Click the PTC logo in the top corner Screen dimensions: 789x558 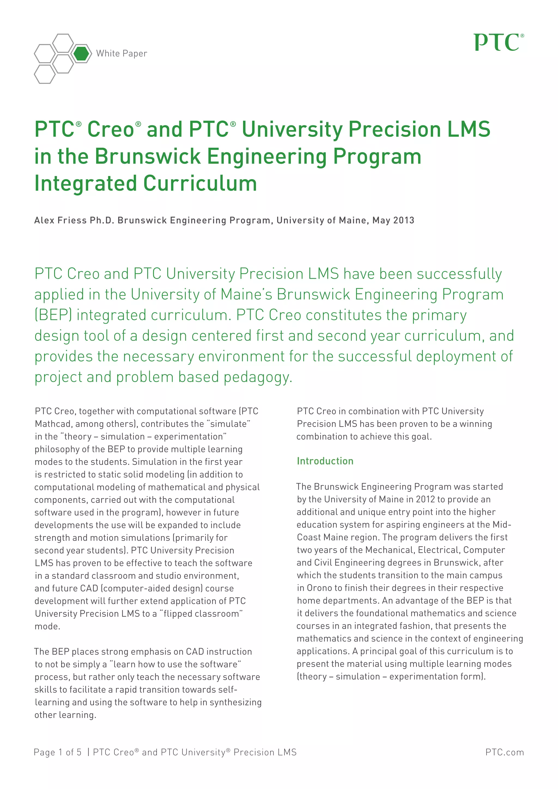click(x=499, y=43)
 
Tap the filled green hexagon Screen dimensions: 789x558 click(x=81, y=54)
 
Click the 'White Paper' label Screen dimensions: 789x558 click(x=122, y=54)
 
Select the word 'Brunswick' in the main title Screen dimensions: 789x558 click(x=147, y=156)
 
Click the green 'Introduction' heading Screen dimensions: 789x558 click(x=325, y=461)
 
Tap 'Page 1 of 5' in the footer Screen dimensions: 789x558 click(x=57, y=752)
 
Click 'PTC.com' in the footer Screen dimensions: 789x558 click(x=504, y=752)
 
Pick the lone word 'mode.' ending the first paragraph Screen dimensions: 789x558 click(x=47, y=626)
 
